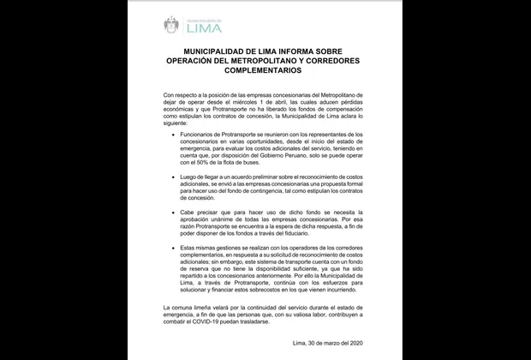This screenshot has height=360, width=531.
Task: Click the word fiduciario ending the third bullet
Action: click(x=318, y=231)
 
